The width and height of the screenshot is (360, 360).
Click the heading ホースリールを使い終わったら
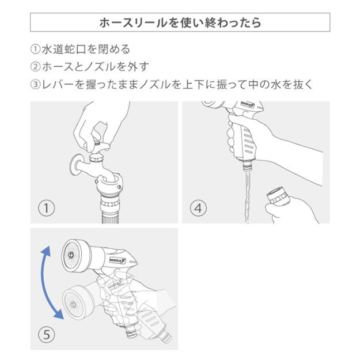click(180, 22)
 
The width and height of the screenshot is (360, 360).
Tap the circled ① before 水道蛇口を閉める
click(36, 50)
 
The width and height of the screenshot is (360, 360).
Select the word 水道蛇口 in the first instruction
click(64, 50)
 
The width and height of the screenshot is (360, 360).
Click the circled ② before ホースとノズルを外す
click(36, 67)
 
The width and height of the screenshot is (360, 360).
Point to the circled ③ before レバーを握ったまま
click(36, 85)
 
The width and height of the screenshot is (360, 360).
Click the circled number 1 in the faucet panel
click(47, 209)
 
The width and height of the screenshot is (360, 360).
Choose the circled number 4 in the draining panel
click(198, 209)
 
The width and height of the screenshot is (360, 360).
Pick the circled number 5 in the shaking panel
click(47, 335)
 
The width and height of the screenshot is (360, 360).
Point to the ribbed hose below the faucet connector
click(110, 218)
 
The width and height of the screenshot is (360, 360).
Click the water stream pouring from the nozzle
click(247, 198)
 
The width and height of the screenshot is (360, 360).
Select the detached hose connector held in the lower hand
click(278, 196)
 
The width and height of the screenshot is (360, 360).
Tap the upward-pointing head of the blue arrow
click(47, 251)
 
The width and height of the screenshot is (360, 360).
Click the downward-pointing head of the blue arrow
click(59, 314)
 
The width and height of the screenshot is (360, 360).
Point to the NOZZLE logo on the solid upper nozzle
click(118, 261)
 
